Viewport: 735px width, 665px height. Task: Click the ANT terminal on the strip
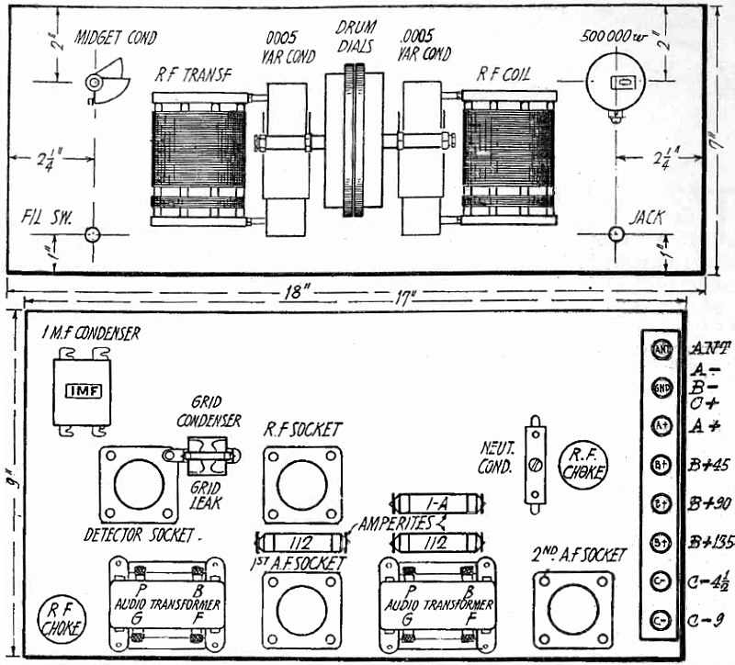point(661,349)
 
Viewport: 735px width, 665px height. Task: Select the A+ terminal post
point(661,425)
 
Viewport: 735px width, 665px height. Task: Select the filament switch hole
point(92,234)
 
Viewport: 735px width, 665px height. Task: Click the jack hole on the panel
point(616,234)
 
